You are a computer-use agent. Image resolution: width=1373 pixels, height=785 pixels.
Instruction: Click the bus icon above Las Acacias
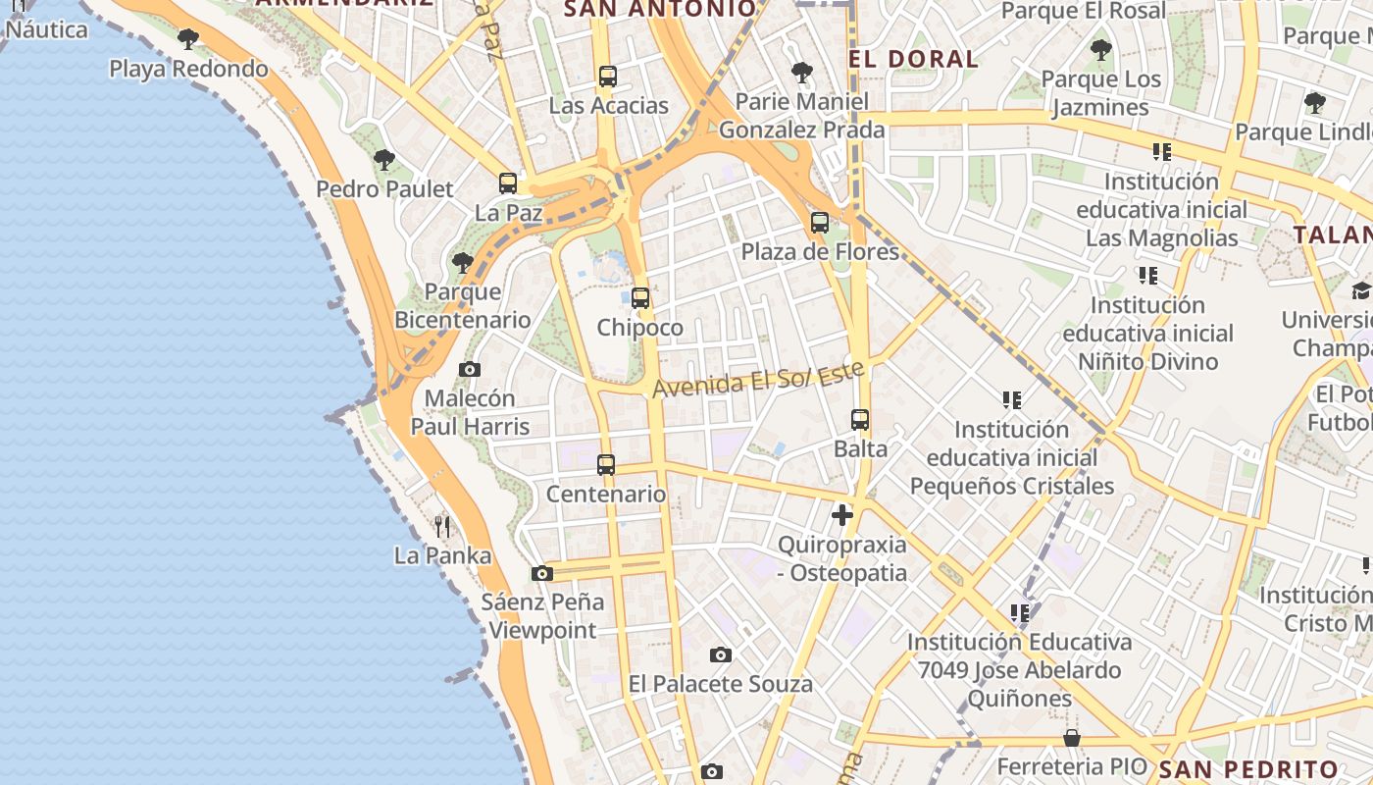click(x=608, y=76)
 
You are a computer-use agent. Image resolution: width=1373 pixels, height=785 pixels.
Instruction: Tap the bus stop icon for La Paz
click(x=508, y=183)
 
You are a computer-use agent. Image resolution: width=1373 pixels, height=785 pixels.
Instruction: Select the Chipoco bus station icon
click(x=640, y=297)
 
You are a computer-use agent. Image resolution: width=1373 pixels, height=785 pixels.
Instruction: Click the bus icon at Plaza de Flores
click(x=820, y=223)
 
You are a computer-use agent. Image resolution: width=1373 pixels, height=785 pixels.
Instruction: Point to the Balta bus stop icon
click(x=860, y=420)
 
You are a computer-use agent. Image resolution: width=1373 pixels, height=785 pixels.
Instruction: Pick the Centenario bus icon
click(x=606, y=465)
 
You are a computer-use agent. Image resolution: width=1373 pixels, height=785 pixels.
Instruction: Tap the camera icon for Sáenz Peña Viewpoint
click(x=541, y=573)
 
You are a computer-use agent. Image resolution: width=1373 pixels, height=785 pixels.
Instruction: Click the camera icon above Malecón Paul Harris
click(x=470, y=369)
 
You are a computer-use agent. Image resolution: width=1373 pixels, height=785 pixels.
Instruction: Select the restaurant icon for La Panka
click(x=442, y=527)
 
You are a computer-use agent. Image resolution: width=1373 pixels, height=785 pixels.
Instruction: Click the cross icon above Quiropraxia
click(x=841, y=514)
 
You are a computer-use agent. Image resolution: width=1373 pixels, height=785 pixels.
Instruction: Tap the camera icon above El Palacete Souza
click(x=721, y=654)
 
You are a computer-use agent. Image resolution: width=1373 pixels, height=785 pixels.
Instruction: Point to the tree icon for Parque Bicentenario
click(x=462, y=263)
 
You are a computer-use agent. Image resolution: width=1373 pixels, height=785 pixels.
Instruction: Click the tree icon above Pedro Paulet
click(x=384, y=159)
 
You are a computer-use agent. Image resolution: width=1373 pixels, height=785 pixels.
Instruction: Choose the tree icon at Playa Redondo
click(x=188, y=39)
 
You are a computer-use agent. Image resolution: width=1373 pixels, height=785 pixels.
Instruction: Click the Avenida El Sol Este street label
click(x=759, y=378)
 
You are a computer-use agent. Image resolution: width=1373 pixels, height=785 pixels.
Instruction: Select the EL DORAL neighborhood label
click(x=914, y=59)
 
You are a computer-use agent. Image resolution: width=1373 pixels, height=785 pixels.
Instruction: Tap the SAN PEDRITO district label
click(x=1248, y=769)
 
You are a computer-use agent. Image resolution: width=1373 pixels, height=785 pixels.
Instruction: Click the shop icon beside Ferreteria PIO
click(x=1072, y=738)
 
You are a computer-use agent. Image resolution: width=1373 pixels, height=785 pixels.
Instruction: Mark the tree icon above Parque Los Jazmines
click(x=1101, y=49)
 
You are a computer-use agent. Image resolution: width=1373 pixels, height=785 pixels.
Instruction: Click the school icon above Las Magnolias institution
click(x=1162, y=152)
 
